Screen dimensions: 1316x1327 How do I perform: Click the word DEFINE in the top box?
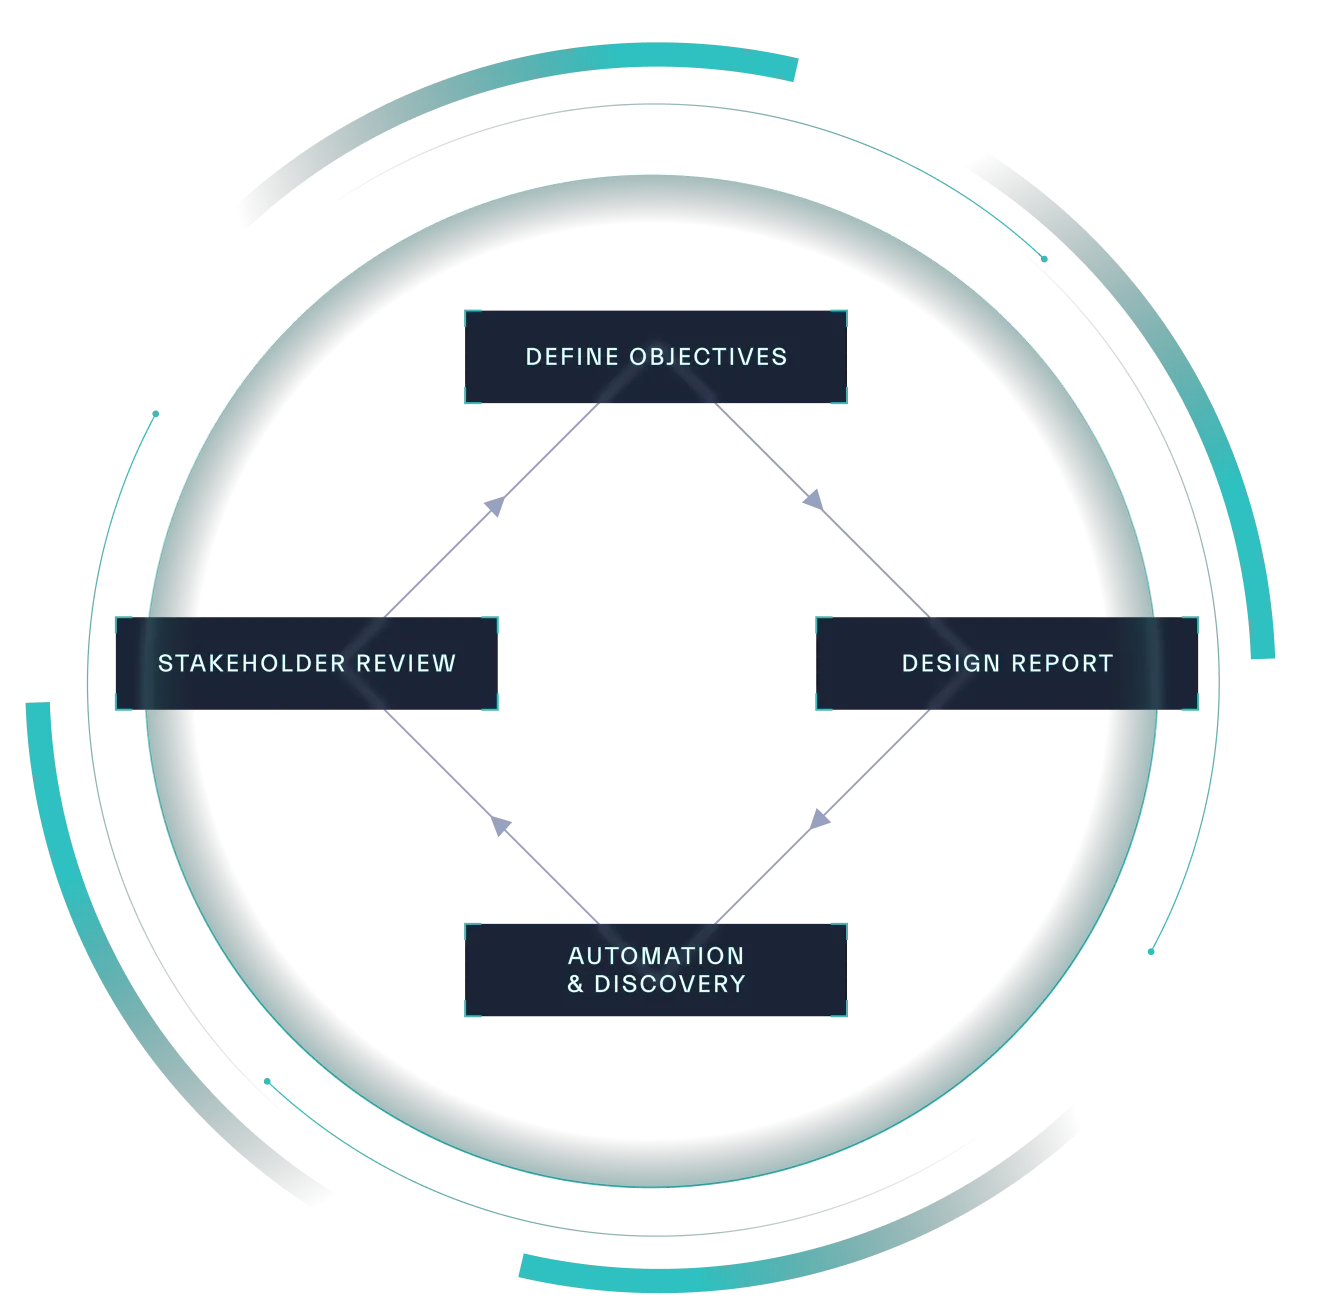point(572,357)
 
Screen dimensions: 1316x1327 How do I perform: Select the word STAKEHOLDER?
point(250,663)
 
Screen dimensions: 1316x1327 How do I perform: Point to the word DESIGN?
point(949,663)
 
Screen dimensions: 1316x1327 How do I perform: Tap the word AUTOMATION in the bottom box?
point(656,956)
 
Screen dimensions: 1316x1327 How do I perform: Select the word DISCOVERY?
point(670,984)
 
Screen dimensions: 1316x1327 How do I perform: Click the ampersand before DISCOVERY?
point(575,984)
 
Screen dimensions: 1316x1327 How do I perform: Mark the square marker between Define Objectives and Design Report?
point(815,497)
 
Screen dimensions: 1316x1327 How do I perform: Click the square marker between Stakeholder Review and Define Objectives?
point(492,508)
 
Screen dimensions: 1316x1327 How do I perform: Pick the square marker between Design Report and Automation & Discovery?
point(820,820)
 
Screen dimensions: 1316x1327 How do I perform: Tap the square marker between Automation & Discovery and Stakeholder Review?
point(503,827)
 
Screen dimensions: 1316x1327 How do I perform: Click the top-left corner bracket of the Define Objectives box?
point(470,313)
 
